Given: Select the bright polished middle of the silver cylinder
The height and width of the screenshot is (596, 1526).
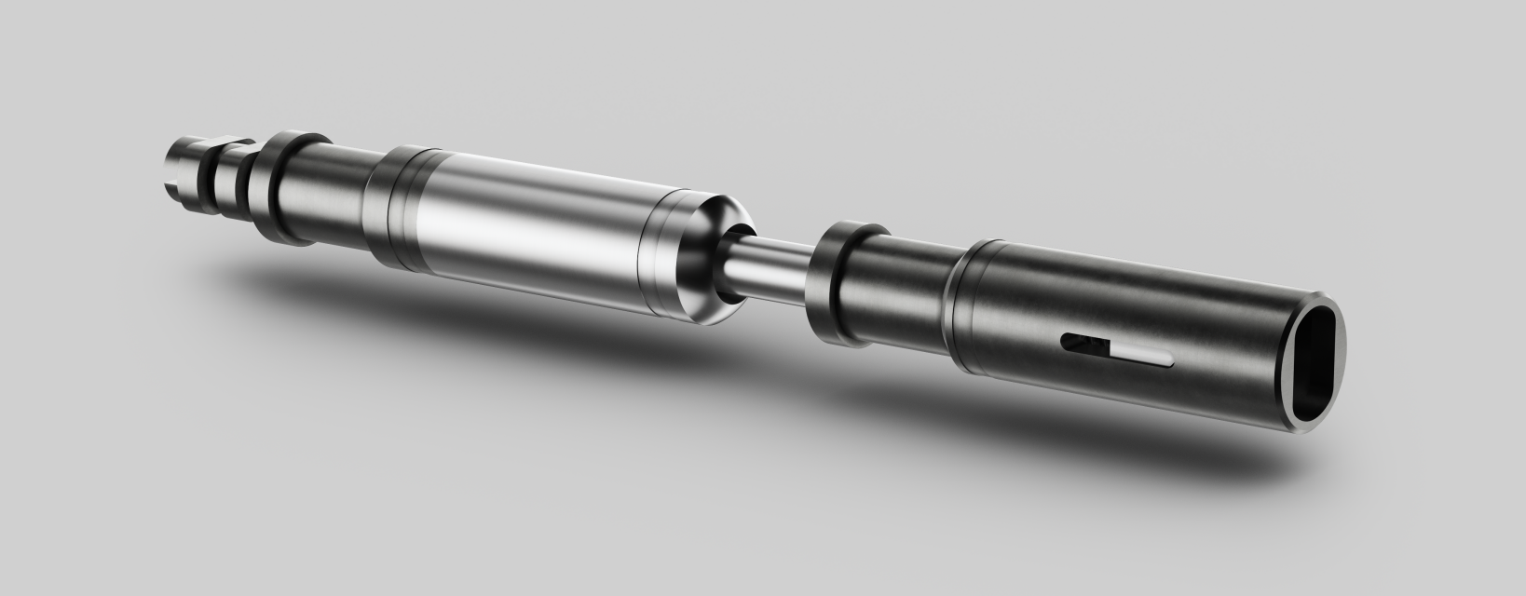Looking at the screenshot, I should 531,233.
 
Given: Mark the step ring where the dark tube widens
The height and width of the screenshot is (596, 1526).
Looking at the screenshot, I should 964,307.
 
